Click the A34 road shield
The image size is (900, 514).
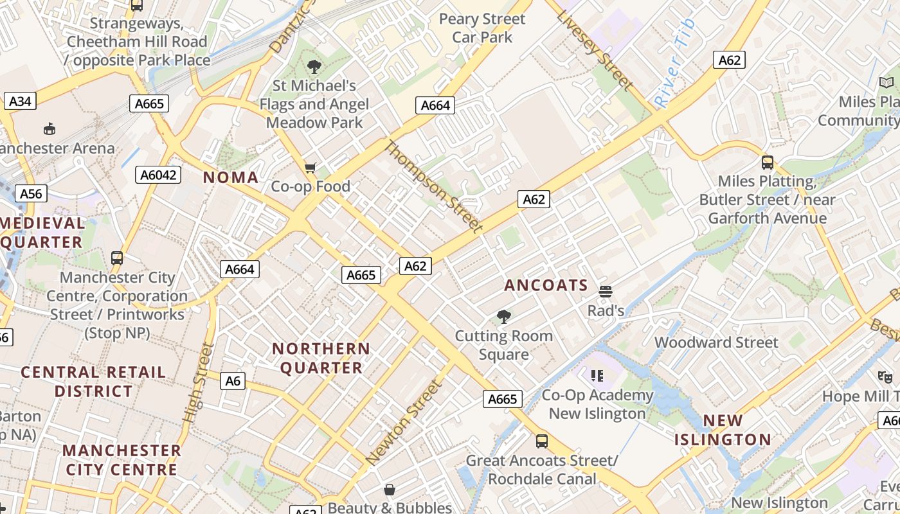[x=20, y=101]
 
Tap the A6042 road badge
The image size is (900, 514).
[x=159, y=175]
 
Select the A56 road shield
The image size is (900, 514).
[x=30, y=194]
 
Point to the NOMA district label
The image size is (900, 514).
[x=231, y=178]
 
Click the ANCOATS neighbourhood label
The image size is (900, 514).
[x=546, y=285]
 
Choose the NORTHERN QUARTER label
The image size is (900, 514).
[x=321, y=359]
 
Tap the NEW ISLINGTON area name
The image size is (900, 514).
[x=723, y=430]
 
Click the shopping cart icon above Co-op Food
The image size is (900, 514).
[x=310, y=168]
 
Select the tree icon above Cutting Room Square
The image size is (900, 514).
[x=504, y=316]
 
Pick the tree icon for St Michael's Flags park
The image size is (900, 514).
[x=314, y=66]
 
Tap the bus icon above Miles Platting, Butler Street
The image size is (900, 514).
[x=767, y=162]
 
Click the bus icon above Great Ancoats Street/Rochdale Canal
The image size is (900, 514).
[x=542, y=441]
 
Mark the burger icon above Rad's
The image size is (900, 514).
[x=605, y=292]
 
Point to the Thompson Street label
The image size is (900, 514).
[x=433, y=186]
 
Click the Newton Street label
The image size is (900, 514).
[x=404, y=422]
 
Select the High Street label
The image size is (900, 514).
[x=198, y=382]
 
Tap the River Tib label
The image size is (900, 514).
[x=674, y=63]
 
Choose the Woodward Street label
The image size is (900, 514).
[x=716, y=342]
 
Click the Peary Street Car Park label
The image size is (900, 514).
[x=482, y=28]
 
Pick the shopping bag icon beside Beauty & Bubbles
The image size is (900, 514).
[x=389, y=490]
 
